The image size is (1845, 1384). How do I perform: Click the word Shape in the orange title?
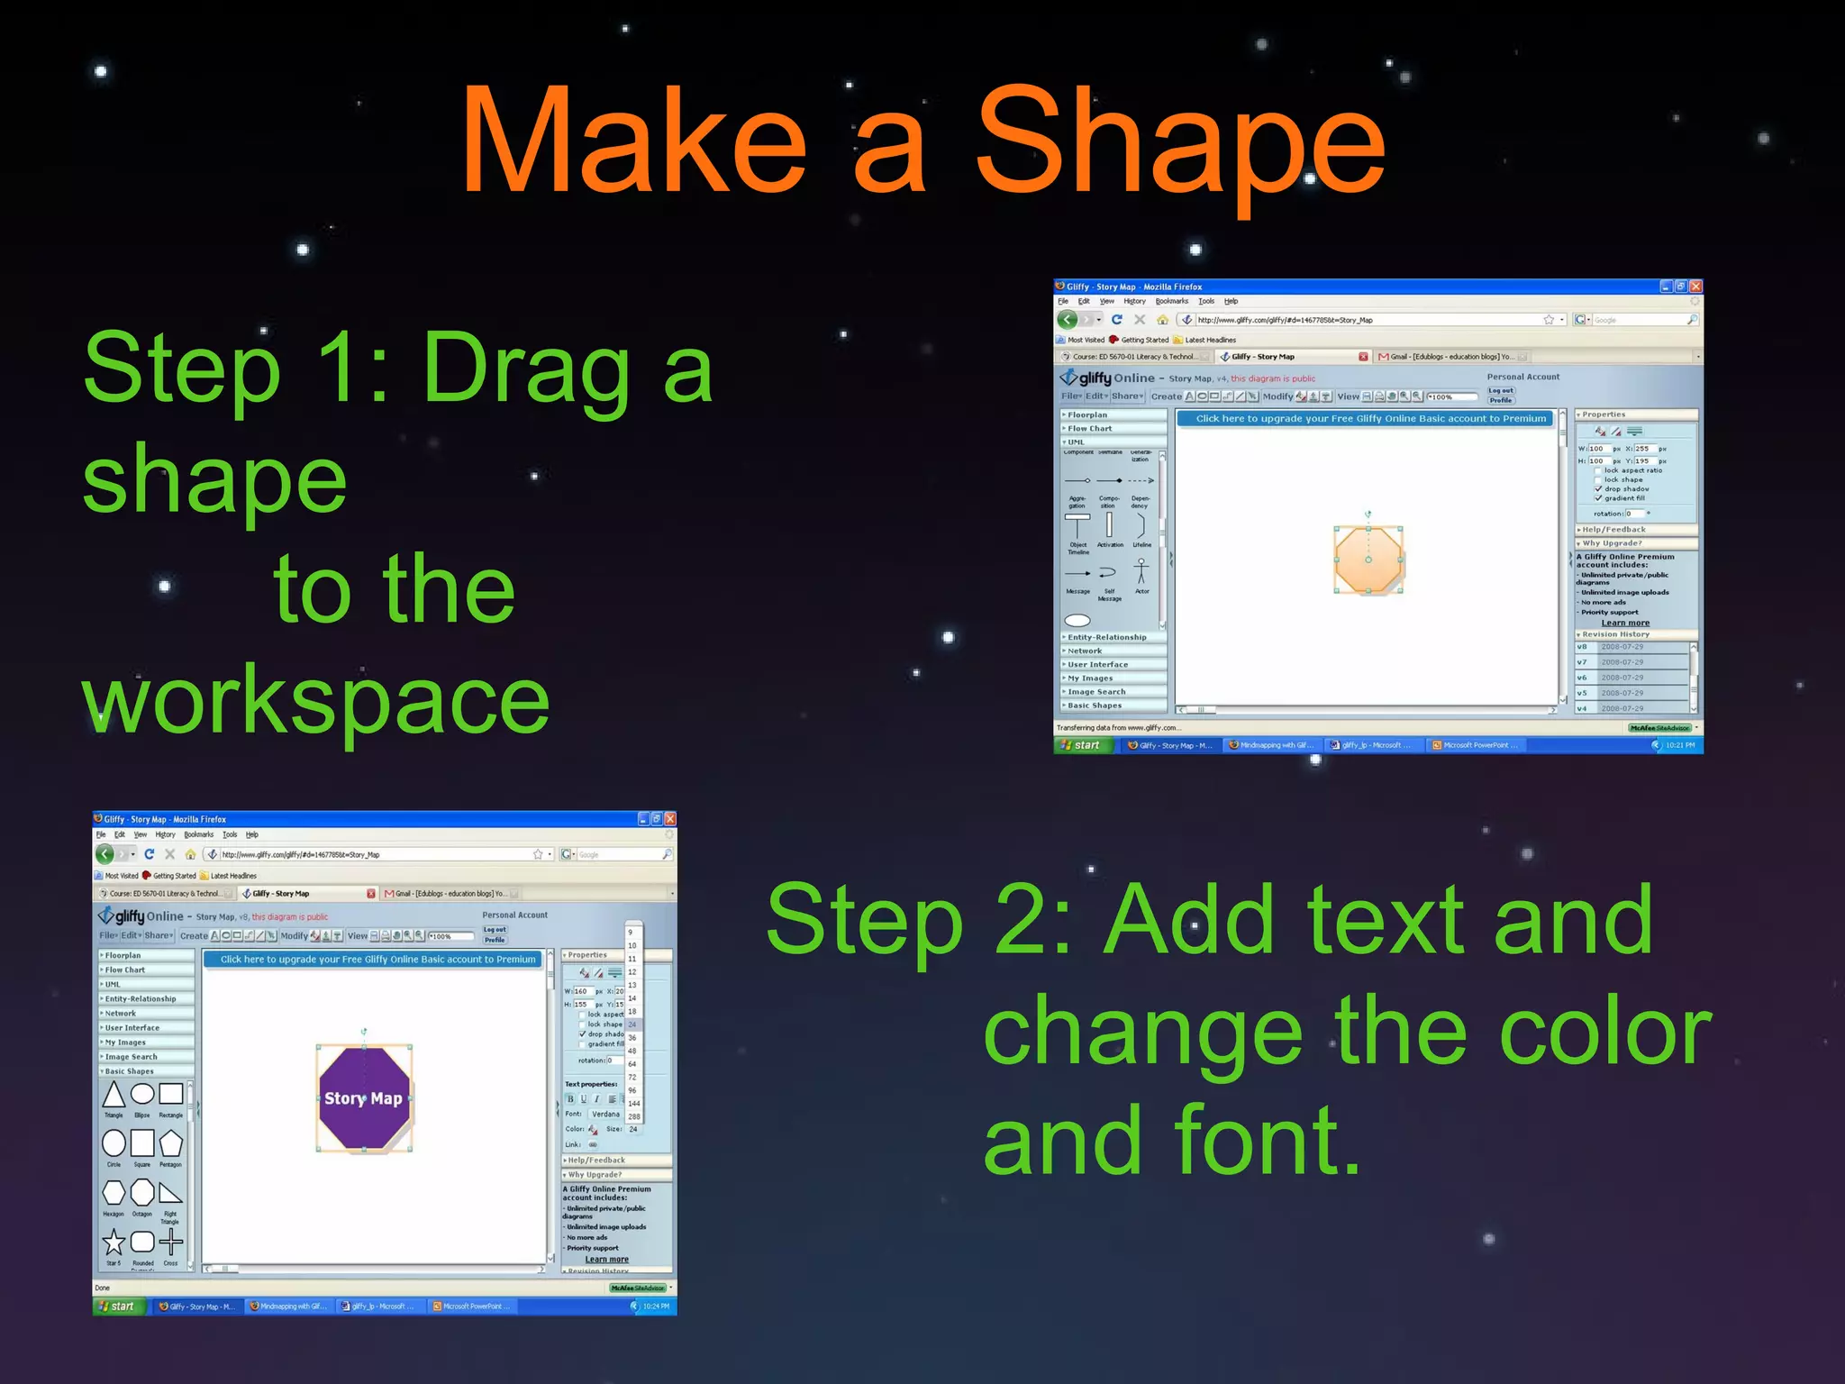(1179, 144)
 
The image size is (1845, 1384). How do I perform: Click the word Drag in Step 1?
(526, 369)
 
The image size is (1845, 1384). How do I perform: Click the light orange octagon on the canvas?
(1368, 560)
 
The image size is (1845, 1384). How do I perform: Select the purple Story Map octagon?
(364, 1098)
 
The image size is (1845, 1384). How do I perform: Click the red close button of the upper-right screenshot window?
(1695, 287)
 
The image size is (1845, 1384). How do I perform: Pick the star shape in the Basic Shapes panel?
(114, 1243)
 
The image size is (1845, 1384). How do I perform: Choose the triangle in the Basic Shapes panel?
(114, 1095)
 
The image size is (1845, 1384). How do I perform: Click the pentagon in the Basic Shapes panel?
(170, 1143)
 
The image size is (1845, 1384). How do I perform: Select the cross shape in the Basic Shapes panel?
(170, 1243)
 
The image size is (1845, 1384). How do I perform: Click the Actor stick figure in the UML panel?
(1141, 570)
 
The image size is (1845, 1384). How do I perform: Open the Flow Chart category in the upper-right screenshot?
(1090, 429)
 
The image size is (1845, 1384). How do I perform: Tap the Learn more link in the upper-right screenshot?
(1625, 623)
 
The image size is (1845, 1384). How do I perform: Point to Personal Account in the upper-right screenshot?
(1522, 377)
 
